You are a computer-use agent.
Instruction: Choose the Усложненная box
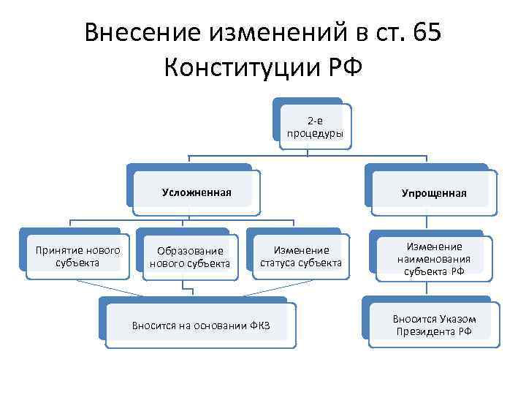tap(196, 192)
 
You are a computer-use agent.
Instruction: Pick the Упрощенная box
tap(433, 193)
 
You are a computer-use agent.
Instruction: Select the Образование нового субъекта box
tap(190, 257)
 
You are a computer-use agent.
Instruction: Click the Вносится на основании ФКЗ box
tap(200, 325)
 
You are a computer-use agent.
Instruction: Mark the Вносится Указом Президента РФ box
tap(434, 325)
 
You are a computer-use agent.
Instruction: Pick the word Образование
tap(190, 251)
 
